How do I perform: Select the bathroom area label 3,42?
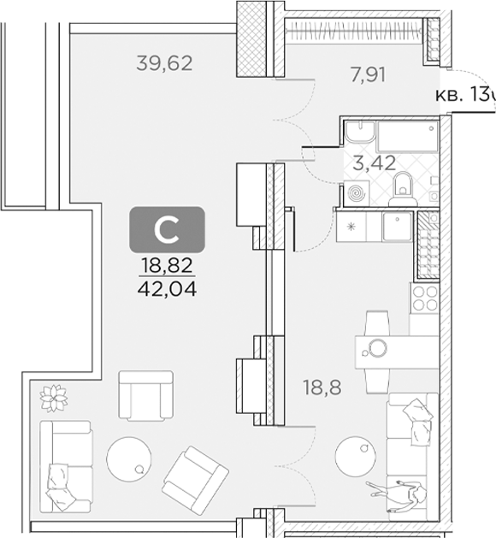pos(375,163)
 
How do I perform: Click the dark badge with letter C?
pos(166,228)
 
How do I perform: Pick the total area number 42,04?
pos(166,288)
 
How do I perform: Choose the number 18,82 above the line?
pos(166,265)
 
